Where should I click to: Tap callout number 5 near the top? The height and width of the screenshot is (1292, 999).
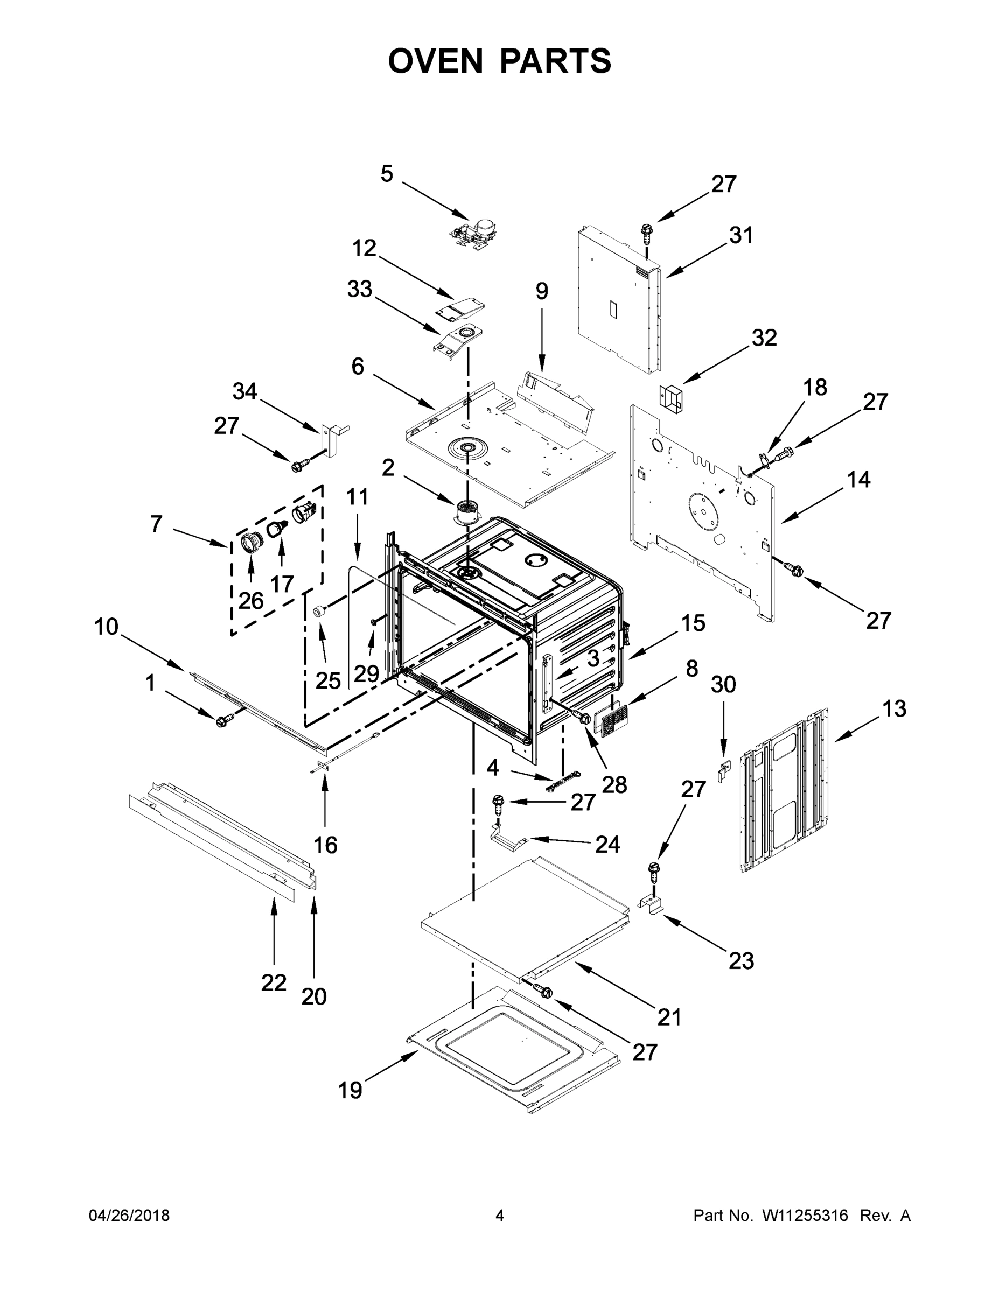pos(387,174)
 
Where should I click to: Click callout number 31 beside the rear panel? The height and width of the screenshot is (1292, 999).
pos(741,235)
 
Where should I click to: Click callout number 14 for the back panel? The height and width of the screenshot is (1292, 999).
pos(858,479)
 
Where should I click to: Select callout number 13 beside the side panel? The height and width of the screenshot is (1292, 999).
pos(893,708)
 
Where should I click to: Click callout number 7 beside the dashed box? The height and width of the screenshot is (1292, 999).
pos(156,524)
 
